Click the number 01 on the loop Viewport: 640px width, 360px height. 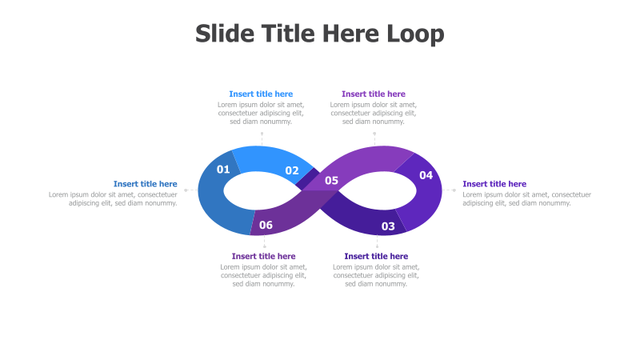click(x=223, y=169)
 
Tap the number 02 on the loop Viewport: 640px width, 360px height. click(x=292, y=170)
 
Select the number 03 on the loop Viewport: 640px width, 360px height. click(x=388, y=226)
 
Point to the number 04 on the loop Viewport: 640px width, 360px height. click(x=426, y=175)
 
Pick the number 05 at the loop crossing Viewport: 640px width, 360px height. click(x=331, y=181)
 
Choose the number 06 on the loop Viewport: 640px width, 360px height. click(x=266, y=225)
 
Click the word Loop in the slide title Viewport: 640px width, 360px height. click(x=416, y=34)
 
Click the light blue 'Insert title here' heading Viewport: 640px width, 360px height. click(x=261, y=94)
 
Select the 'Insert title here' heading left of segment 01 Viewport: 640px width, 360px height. click(x=145, y=184)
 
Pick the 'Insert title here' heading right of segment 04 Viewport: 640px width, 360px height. click(x=494, y=184)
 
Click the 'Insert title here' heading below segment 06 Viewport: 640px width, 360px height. click(x=263, y=256)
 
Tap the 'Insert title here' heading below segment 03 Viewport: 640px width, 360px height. click(x=376, y=256)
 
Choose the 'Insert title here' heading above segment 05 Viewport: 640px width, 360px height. click(x=374, y=94)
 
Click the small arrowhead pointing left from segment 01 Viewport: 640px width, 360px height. click(x=186, y=190)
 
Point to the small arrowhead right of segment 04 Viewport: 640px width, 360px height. click(x=454, y=190)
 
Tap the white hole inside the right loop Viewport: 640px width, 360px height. click(x=383, y=190)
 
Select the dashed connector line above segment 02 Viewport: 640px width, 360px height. click(x=262, y=138)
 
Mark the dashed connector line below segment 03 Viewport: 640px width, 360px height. click(x=377, y=242)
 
